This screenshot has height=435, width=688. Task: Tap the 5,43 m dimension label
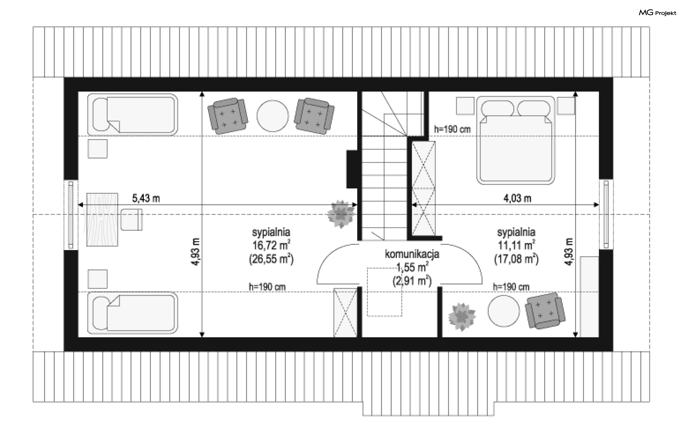(146, 198)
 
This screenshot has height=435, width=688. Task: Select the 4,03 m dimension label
(517, 198)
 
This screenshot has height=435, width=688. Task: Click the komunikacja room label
(412, 254)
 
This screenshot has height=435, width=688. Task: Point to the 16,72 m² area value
(271, 245)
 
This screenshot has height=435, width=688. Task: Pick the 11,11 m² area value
(516, 245)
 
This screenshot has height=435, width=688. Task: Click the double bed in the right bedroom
(516, 140)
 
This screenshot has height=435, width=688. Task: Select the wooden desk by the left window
(102, 219)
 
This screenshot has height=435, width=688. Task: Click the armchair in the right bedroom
(545, 311)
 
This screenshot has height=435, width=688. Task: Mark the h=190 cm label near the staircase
(452, 129)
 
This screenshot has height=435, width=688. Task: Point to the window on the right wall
(606, 214)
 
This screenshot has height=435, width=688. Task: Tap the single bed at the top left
(133, 114)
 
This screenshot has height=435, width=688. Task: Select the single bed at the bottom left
(133, 313)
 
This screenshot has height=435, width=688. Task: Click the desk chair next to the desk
(132, 220)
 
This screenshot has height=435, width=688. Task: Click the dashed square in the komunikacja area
(384, 292)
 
